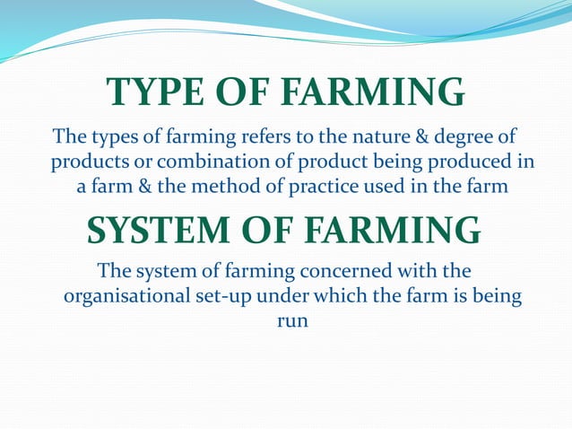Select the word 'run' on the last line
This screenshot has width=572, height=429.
pyautogui.click(x=289, y=320)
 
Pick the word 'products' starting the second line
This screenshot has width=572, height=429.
pyautogui.click(x=87, y=163)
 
